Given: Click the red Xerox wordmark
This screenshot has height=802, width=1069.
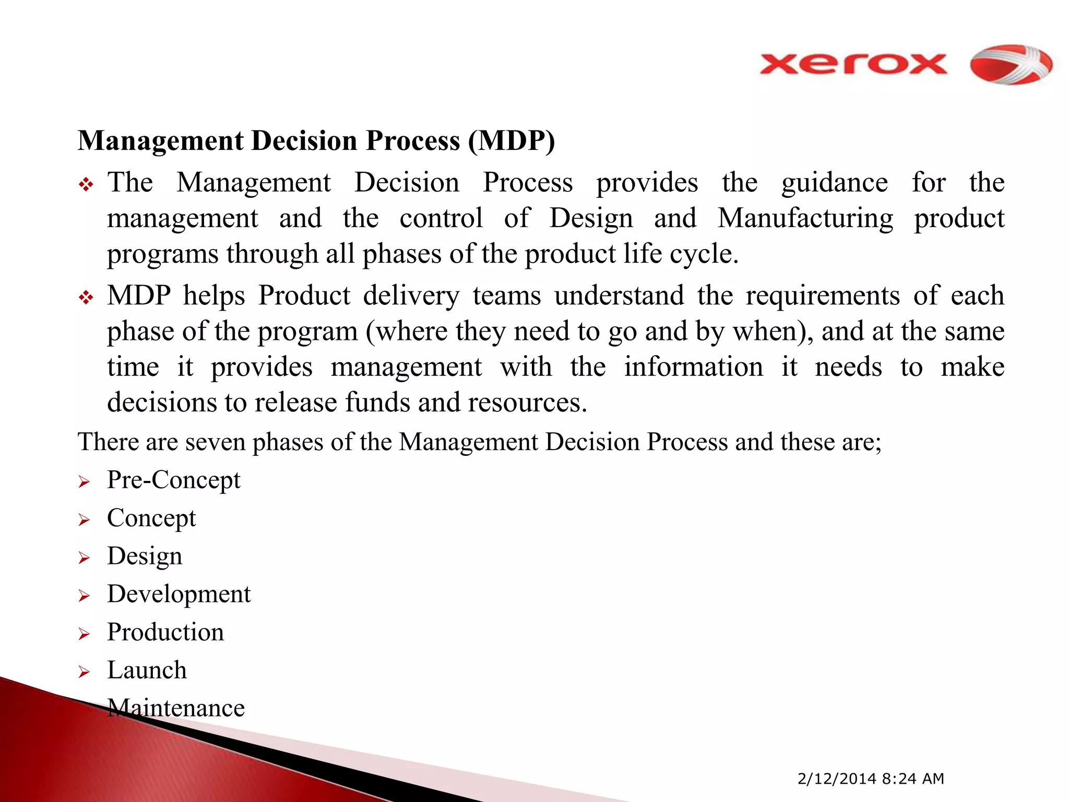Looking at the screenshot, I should (853, 65).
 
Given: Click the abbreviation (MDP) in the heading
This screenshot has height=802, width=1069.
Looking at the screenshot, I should (511, 141).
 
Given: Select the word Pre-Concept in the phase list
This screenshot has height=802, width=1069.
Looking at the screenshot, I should (173, 480).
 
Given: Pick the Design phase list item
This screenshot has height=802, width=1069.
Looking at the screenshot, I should (145, 556).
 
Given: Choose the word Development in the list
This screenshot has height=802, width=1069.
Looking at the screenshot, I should (179, 594).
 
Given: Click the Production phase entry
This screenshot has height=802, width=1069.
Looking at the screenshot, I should (165, 632).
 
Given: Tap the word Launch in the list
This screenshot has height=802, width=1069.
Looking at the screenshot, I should (147, 670).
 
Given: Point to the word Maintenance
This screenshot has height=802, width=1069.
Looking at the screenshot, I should (176, 709).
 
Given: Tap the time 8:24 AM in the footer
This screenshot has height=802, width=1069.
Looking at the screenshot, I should (913, 779).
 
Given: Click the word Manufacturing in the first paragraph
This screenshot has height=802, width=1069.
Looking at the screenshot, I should (805, 218).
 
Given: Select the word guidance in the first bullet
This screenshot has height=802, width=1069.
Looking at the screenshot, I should (834, 183).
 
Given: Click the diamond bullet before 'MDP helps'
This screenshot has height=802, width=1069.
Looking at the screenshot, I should (86, 298).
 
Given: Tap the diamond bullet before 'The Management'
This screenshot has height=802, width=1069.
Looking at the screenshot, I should (86, 184).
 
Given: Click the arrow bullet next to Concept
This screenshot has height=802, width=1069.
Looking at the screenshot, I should (84, 520).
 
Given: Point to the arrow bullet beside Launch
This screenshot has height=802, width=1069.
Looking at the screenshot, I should (84, 672).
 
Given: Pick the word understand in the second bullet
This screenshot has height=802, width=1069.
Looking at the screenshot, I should (619, 296).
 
